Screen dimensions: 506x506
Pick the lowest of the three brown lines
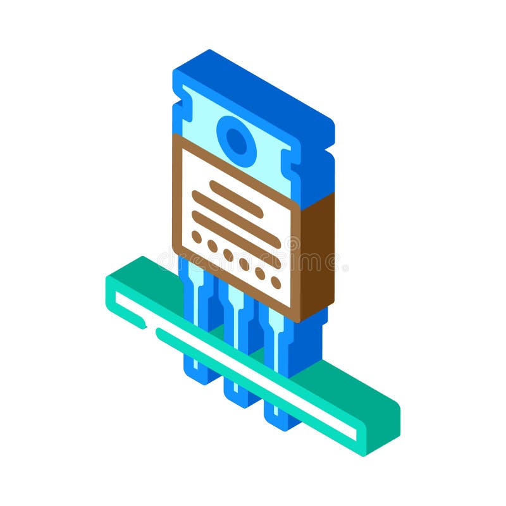tap(236, 229)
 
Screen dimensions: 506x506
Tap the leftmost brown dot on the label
tap(197, 237)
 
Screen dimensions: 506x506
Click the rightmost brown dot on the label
tap(276, 282)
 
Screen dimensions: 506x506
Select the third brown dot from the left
tap(228, 255)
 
